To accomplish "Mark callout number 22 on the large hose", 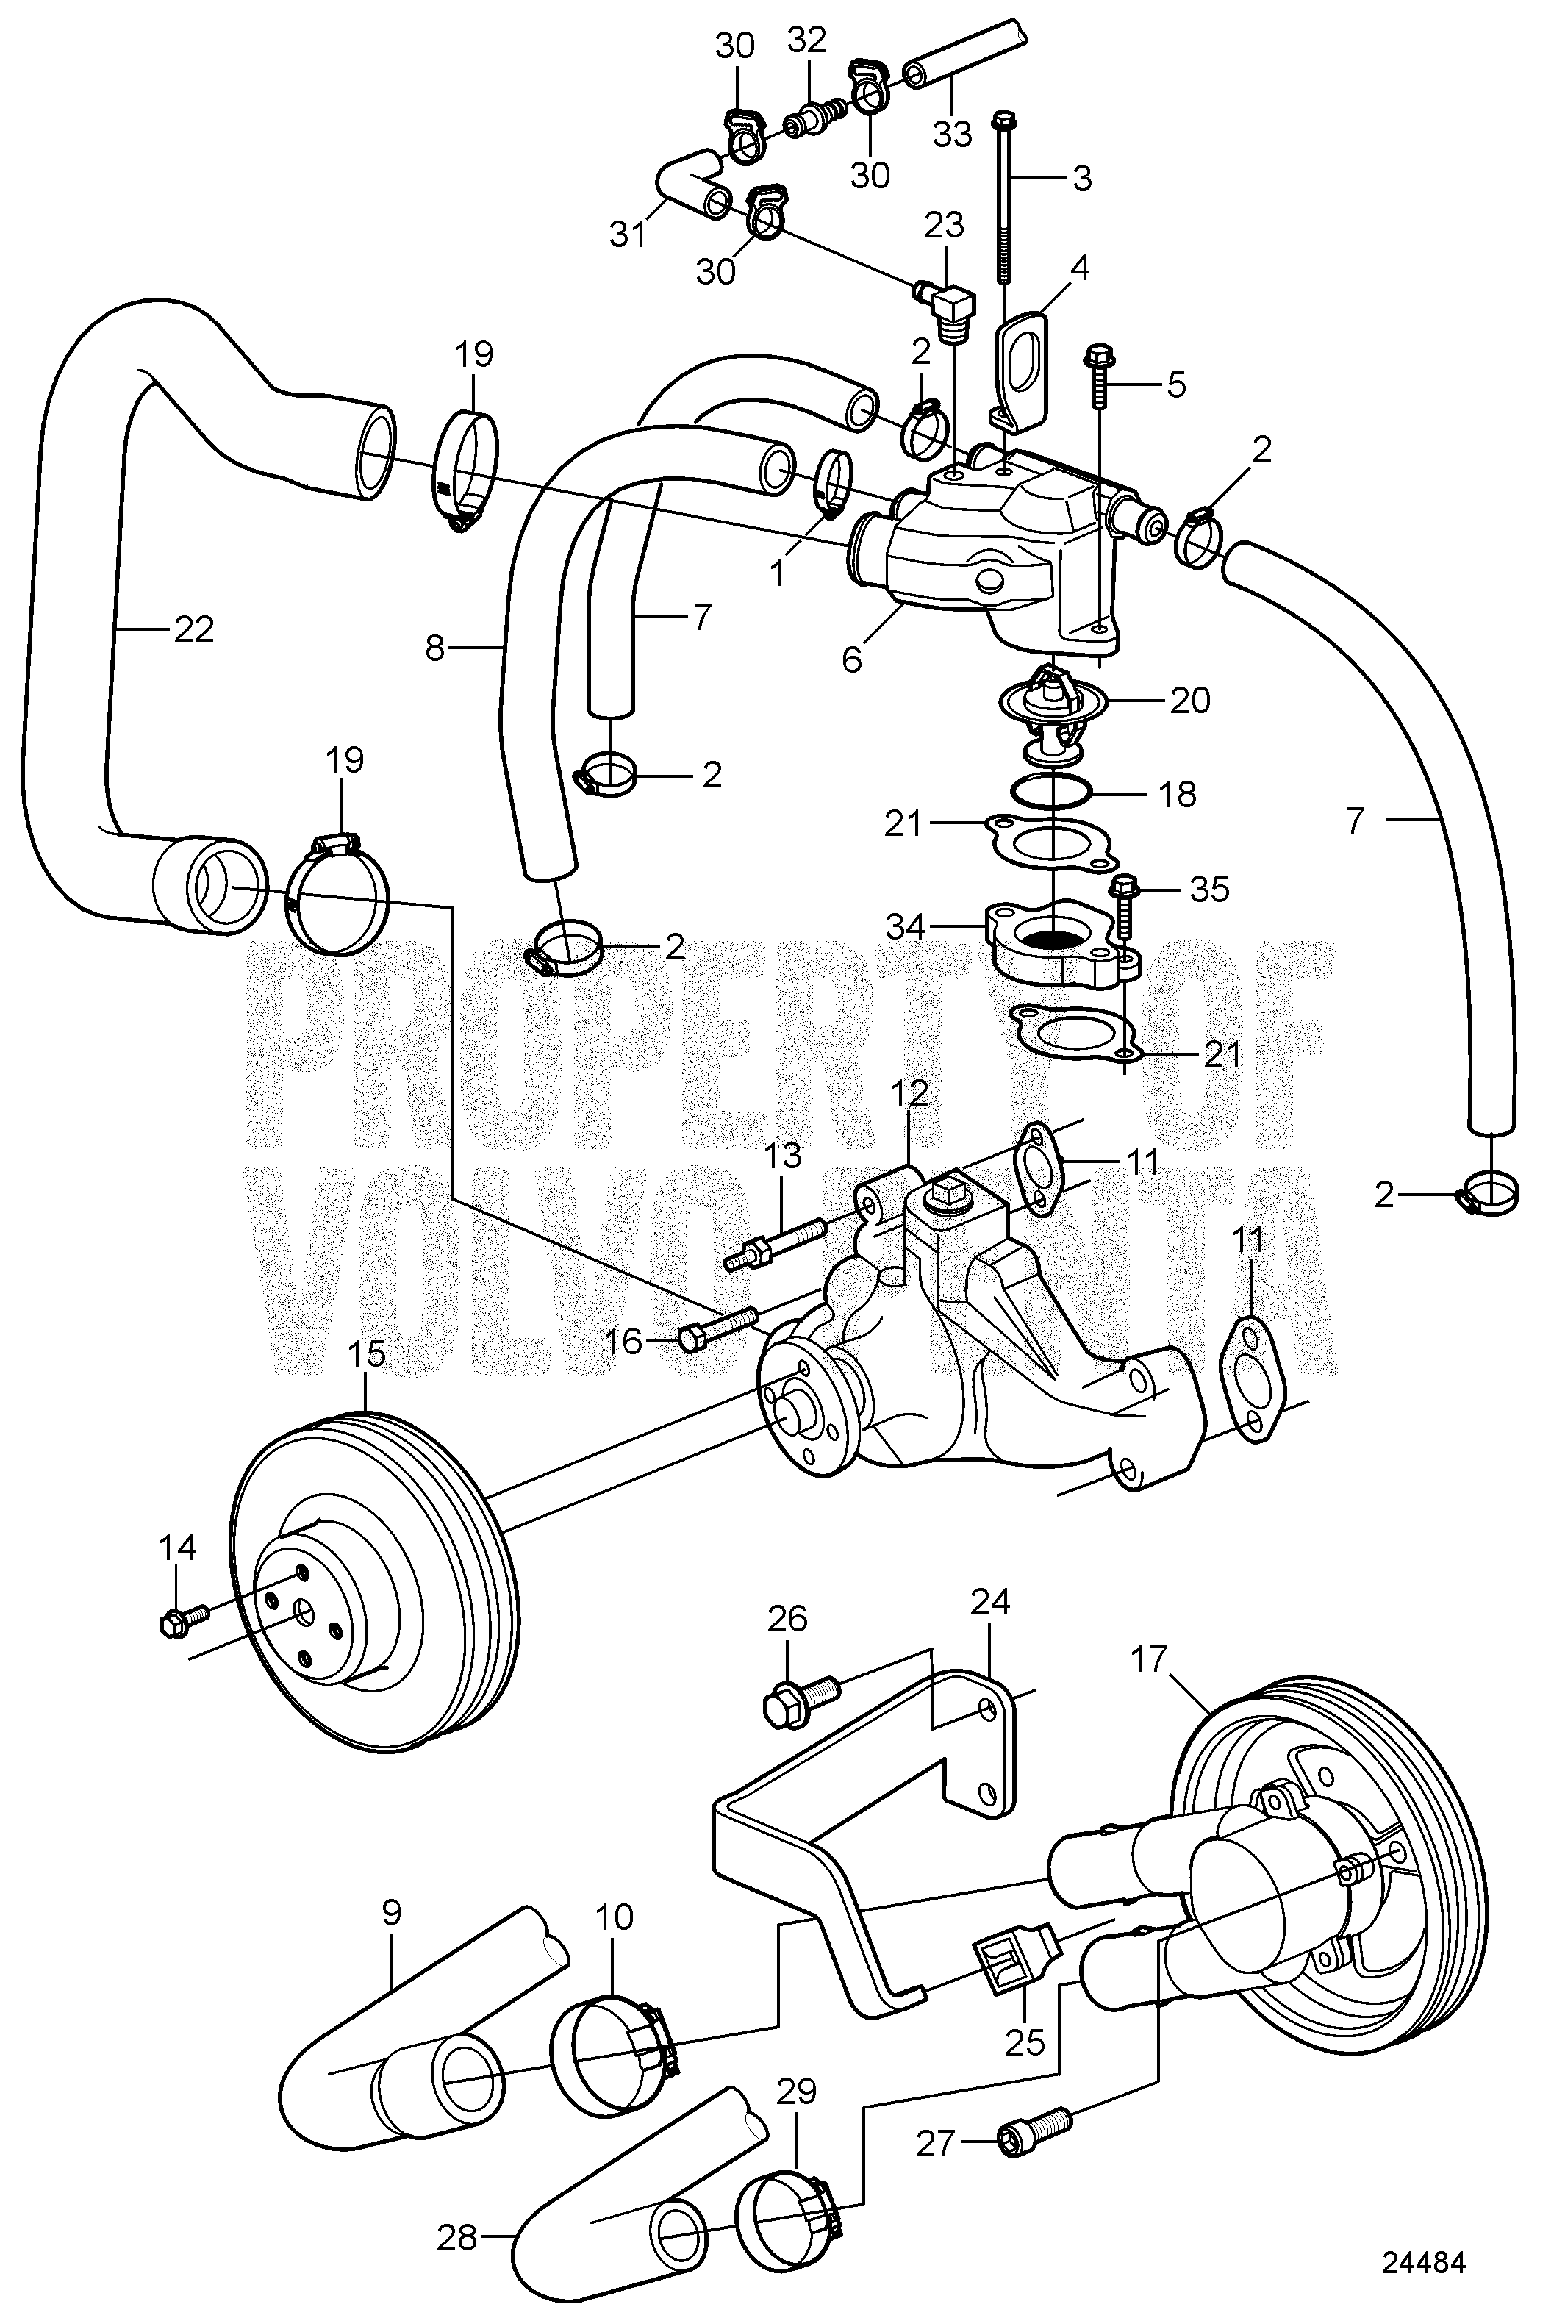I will [x=193, y=629].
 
